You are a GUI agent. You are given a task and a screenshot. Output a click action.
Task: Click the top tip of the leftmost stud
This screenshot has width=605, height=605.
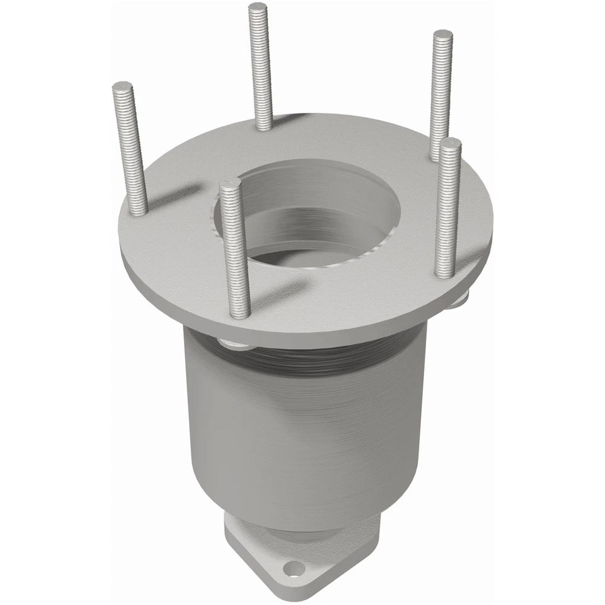pos(122,85)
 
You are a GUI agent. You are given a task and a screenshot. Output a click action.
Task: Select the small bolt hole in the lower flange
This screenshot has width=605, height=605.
pos(294,570)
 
